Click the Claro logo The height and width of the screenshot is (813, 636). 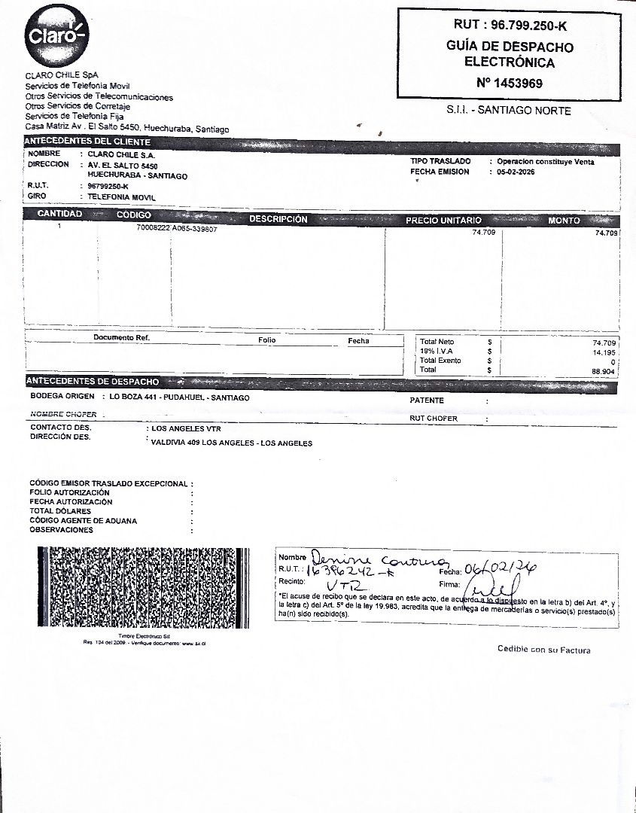57,35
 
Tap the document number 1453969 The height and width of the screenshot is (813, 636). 509,84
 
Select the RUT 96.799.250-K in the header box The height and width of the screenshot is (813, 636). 509,26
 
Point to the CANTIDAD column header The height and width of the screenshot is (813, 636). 59,215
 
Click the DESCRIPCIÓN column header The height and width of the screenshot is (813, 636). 278,219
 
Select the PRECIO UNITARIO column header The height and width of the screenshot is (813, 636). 443,221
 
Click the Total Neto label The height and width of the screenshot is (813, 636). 437,342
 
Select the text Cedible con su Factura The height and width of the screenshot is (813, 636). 543,650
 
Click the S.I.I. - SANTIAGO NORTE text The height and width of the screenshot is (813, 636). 509,111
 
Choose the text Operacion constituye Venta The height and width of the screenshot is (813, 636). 545,162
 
